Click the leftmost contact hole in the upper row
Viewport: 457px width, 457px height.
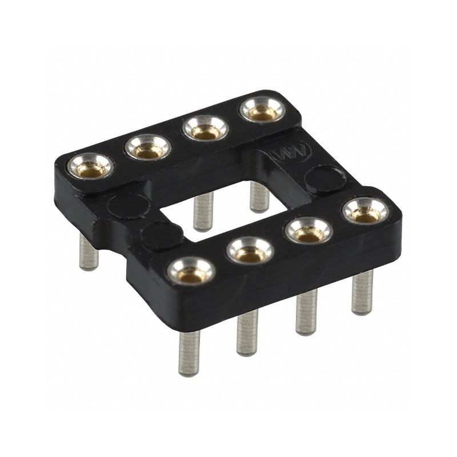(91, 167)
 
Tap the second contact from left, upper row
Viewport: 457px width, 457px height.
(148, 149)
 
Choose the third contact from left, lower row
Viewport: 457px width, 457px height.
(308, 231)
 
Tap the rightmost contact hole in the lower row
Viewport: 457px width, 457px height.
(365, 212)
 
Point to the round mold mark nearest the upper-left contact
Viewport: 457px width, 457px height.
(127, 205)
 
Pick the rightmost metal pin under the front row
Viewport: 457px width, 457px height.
(362, 292)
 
